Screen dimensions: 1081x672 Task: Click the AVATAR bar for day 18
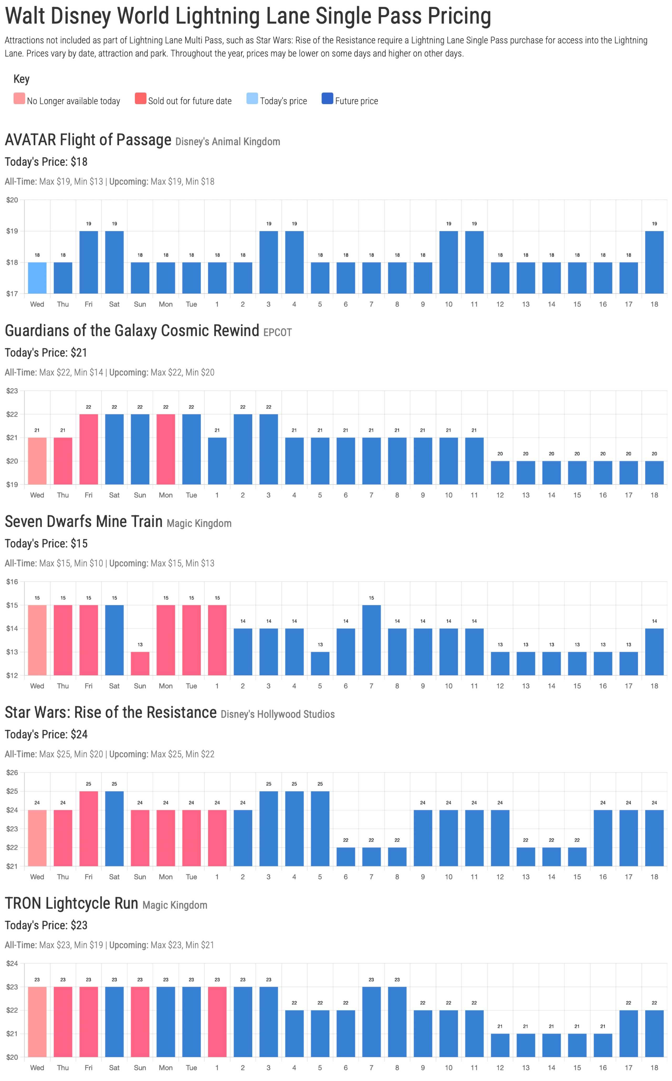pos(654,262)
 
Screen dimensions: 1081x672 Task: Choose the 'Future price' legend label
pos(356,101)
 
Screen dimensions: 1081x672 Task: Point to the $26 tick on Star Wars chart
pos(12,772)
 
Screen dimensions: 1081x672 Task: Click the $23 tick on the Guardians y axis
pos(12,391)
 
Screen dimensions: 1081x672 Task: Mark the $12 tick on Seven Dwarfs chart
pos(12,675)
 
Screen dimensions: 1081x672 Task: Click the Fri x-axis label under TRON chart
pos(88,1068)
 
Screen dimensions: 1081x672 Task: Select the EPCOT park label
pos(277,333)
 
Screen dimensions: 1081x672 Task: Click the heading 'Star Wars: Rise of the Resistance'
pos(111,713)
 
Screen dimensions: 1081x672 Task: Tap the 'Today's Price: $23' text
pos(46,925)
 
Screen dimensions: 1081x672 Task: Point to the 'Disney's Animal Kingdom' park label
pos(228,142)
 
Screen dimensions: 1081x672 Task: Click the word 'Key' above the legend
pos(21,79)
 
